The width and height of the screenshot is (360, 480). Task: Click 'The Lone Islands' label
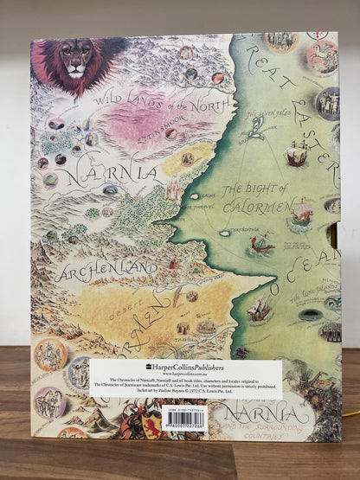point(321,289)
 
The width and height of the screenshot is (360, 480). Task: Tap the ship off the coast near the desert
point(259,307)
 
